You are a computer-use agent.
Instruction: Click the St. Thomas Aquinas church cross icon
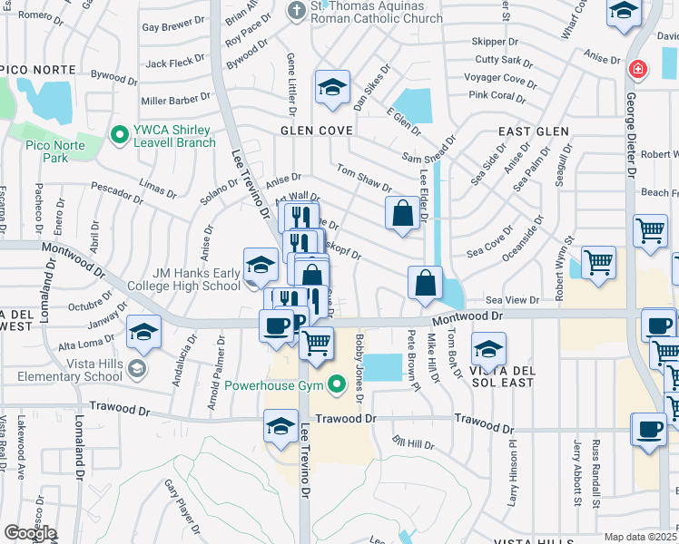tap(296, 11)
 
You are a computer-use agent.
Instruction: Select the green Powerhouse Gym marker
tap(338, 385)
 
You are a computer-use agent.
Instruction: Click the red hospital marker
tap(638, 69)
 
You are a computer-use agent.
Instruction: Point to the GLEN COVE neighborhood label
tap(316, 131)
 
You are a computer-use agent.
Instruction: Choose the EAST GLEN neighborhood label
tap(526, 131)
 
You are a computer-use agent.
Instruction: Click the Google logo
tap(29, 532)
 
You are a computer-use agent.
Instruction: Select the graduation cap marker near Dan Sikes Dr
tap(332, 87)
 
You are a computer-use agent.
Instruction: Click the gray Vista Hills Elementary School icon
tap(136, 367)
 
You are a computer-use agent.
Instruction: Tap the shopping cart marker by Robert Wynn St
tap(597, 262)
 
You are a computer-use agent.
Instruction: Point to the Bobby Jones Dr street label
tap(360, 367)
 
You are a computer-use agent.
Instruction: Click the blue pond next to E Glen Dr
tap(415, 106)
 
